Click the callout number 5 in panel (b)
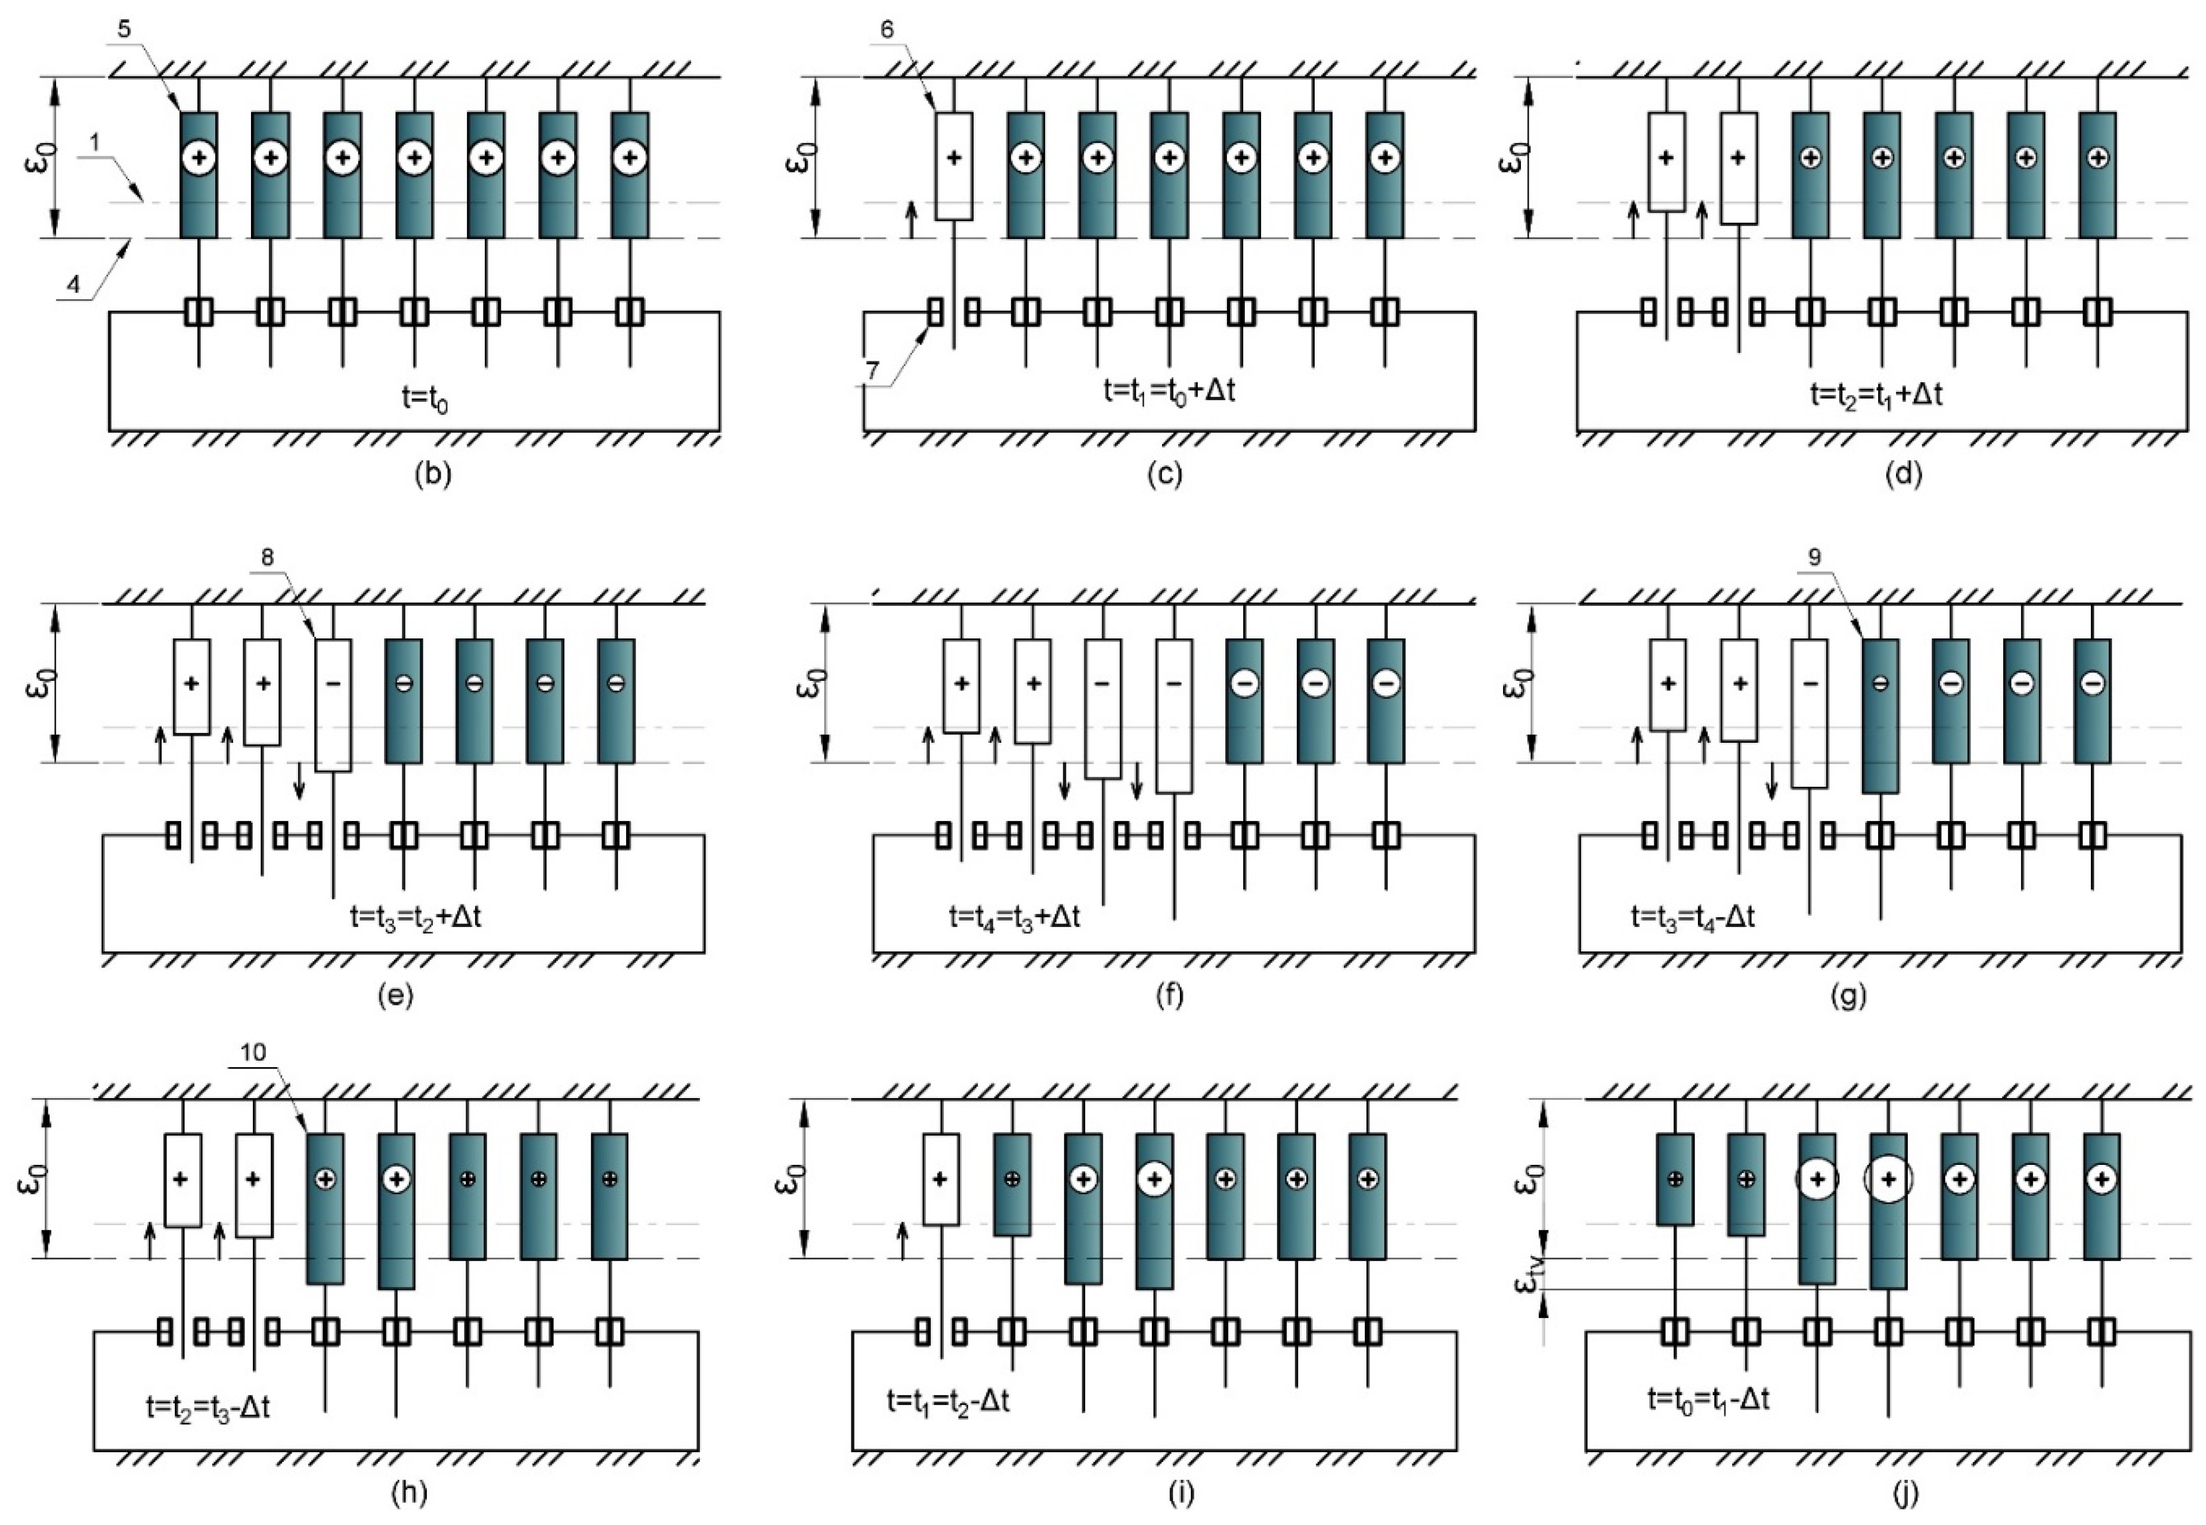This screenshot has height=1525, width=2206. [125, 29]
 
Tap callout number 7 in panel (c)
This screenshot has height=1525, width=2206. [871, 370]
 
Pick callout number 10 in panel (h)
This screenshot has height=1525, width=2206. [253, 1052]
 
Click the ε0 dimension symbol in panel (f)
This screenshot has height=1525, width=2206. [808, 682]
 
